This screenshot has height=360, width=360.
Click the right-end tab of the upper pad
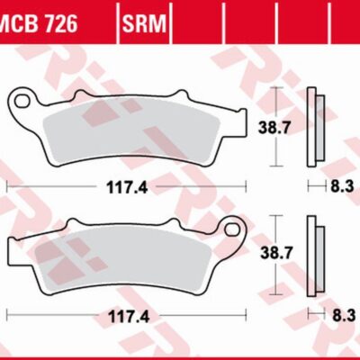(237, 118)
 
